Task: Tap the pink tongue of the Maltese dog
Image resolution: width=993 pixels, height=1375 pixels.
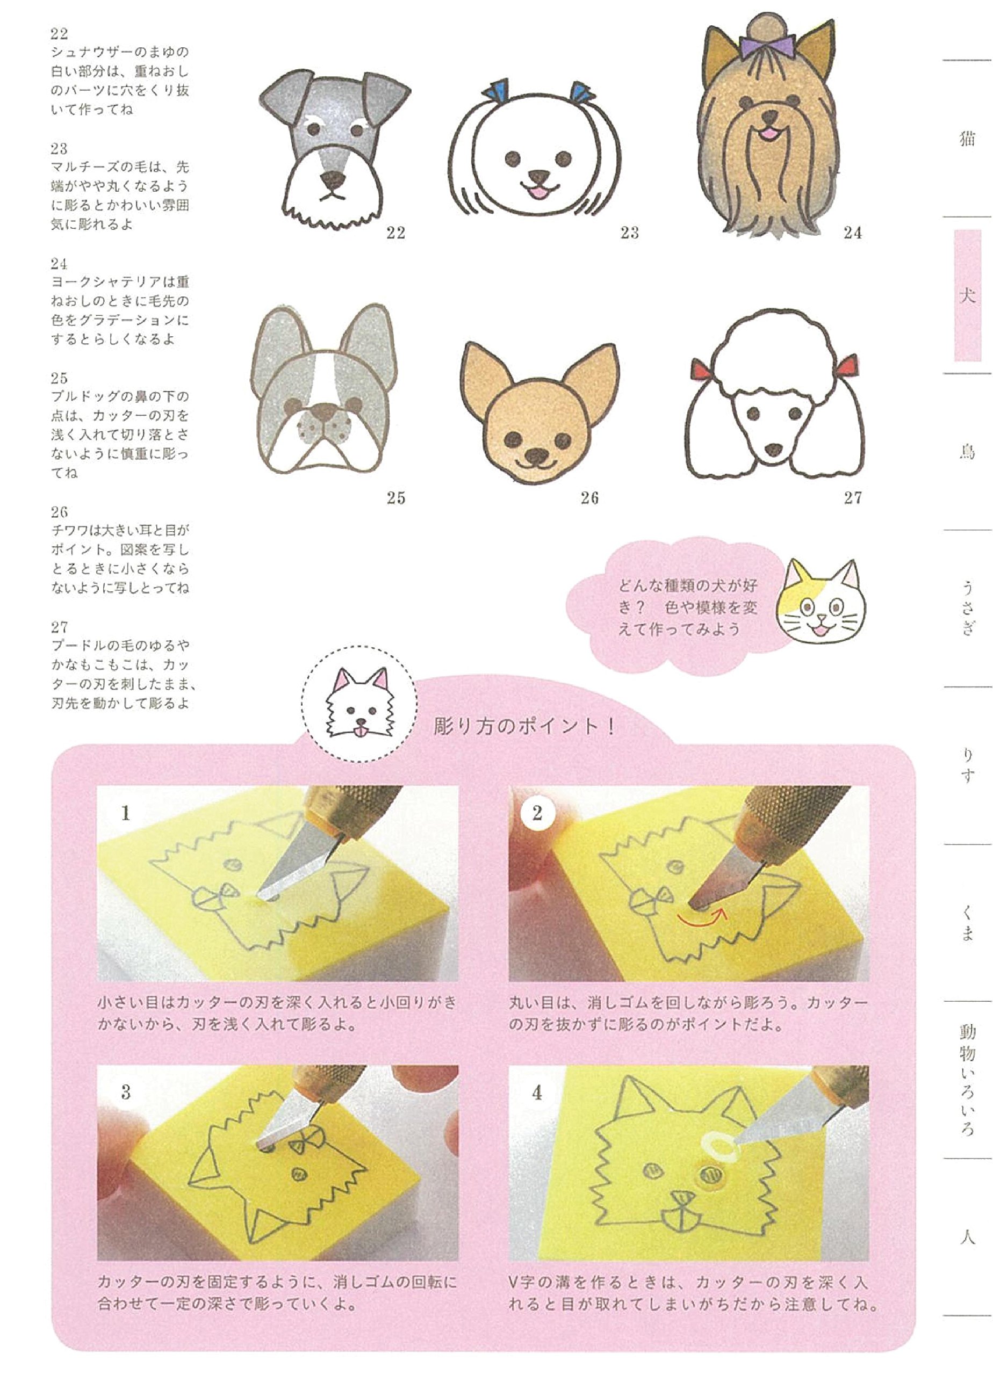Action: tap(536, 193)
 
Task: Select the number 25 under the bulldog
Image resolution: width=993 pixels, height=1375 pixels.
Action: tap(395, 498)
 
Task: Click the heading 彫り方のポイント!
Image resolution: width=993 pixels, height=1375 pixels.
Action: tap(524, 726)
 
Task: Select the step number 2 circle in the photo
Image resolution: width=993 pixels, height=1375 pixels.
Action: tap(537, 813)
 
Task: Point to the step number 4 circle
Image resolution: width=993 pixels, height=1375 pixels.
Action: tap(537, 1093)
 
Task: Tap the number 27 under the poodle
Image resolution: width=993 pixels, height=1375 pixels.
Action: tap(852, 498)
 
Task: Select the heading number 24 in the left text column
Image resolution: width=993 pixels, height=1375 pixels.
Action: tap(59, 264)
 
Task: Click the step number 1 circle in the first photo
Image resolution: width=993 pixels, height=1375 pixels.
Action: tap(126, 813)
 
